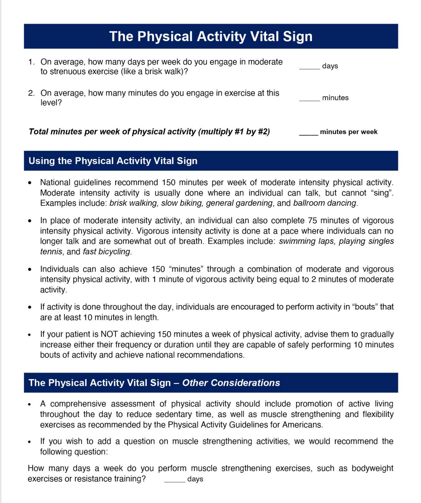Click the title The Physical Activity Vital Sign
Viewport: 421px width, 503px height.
(x=211, y=36)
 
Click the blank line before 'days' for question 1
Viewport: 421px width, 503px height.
(x=310, y=68)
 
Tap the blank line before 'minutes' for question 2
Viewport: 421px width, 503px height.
(x=310, y=100)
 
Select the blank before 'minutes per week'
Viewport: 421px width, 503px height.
(x=309, y=134)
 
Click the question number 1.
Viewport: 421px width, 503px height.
(x=31, y=62)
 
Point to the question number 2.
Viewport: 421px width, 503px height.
(x=31, y=93)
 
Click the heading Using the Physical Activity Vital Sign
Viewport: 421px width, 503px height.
(x=113, y=161)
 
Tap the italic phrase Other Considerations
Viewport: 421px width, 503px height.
(x=231, y=383)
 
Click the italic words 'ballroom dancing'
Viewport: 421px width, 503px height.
(x=325, y=203)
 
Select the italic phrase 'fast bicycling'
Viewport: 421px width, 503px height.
(x=106, y=252)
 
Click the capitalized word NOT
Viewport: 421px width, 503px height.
(x=110, y=334)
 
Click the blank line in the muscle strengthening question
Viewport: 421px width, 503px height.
(x=175, y=481)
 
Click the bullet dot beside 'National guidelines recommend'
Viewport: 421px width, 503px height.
(x=30, y=183)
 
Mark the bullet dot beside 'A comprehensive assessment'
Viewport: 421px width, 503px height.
(x=30, y=404)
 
